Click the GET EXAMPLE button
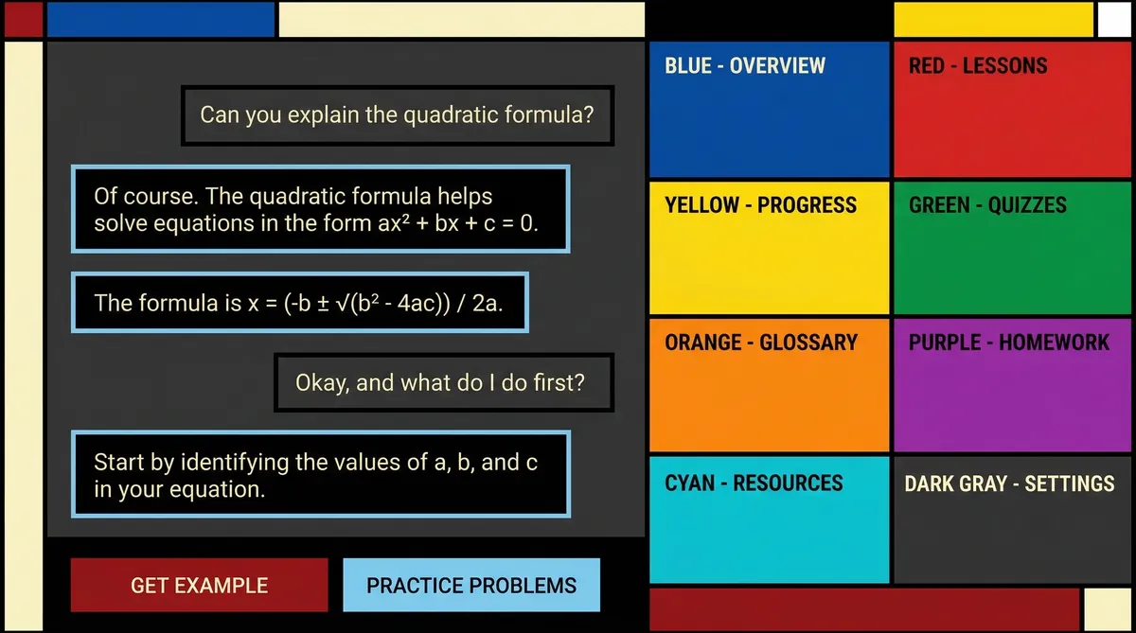[x=200, y=585]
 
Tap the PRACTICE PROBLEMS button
[x=471, y=585]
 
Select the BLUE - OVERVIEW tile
[x=770, y=110]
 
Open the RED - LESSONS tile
[x=1012, y=110]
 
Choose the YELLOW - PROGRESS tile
[x=770, y=248]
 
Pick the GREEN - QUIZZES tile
[x=1012, y=248]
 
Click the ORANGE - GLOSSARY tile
[x=770, y=385]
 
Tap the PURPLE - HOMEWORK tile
[x=1012, y=385]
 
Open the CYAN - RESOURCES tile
[x=770, y=520]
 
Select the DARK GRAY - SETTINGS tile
[x=1012, y=520]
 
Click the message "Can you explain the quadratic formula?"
[x=398, y=115]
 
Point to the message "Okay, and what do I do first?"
[x=444, y=382]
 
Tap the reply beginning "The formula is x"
[x=300, y=303]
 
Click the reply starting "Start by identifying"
[x=321, y=474]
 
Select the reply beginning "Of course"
[x=321, y=209]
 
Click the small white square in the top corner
[x=1114, y=19]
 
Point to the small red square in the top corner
[x=24, y=19]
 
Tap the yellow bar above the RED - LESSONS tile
[x=993, y=19]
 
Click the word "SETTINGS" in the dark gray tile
[x=1070, y=484]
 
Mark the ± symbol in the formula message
[x=323, y=304]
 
